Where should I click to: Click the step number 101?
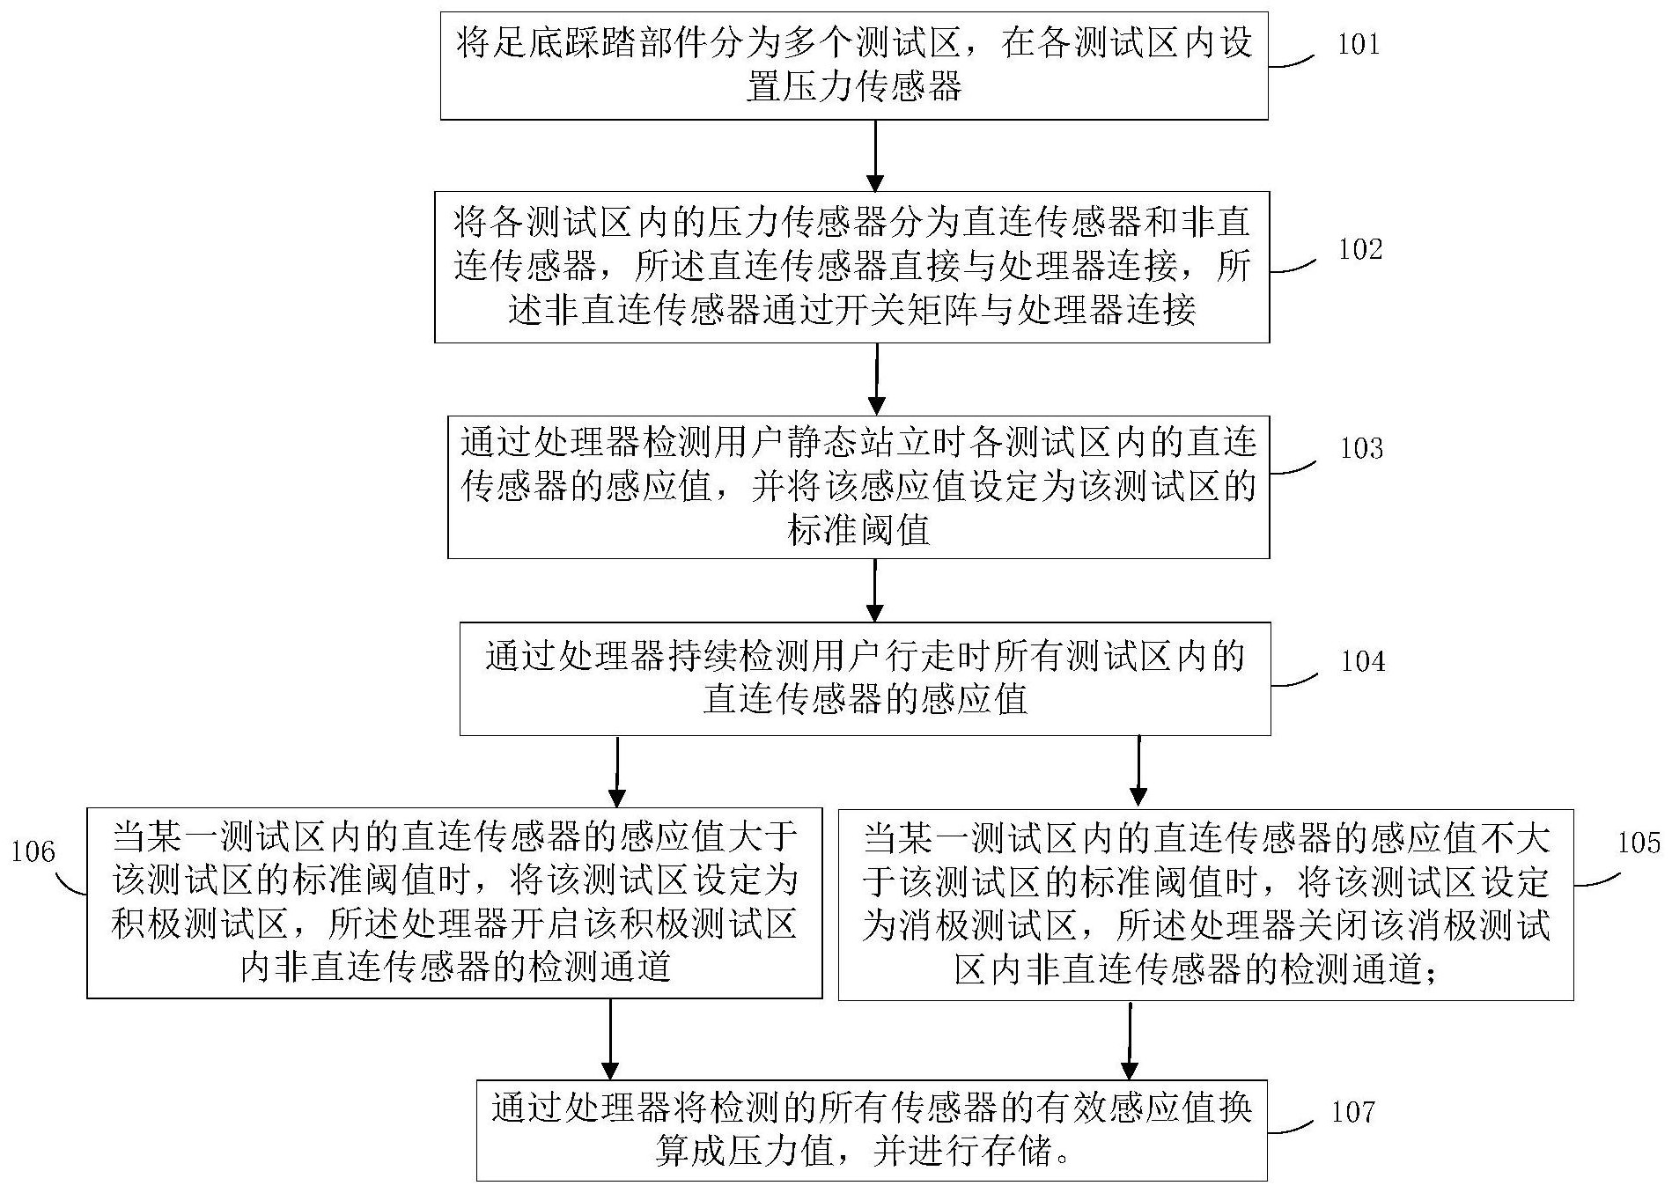[x=1359, y=45]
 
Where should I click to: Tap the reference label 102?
[x=1360, y=249]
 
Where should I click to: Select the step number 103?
[x=1361, y=449]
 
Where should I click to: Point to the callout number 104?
[x=1362, y=661]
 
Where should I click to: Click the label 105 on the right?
[x=1639, y=843]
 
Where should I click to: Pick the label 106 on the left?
[x=33, y=851]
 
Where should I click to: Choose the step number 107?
[x=1352, y=1112]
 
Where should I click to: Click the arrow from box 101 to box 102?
[x=875, y=155]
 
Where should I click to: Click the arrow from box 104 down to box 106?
[x=617, y=771]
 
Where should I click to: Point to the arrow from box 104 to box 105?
[x=1138, y=771]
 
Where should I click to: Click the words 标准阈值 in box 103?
[x=858, y=531]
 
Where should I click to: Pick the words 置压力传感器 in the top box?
[x=853, y=87]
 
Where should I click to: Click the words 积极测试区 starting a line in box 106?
[x=200, y=924]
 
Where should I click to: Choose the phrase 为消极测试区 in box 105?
[x=969, y=925]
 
